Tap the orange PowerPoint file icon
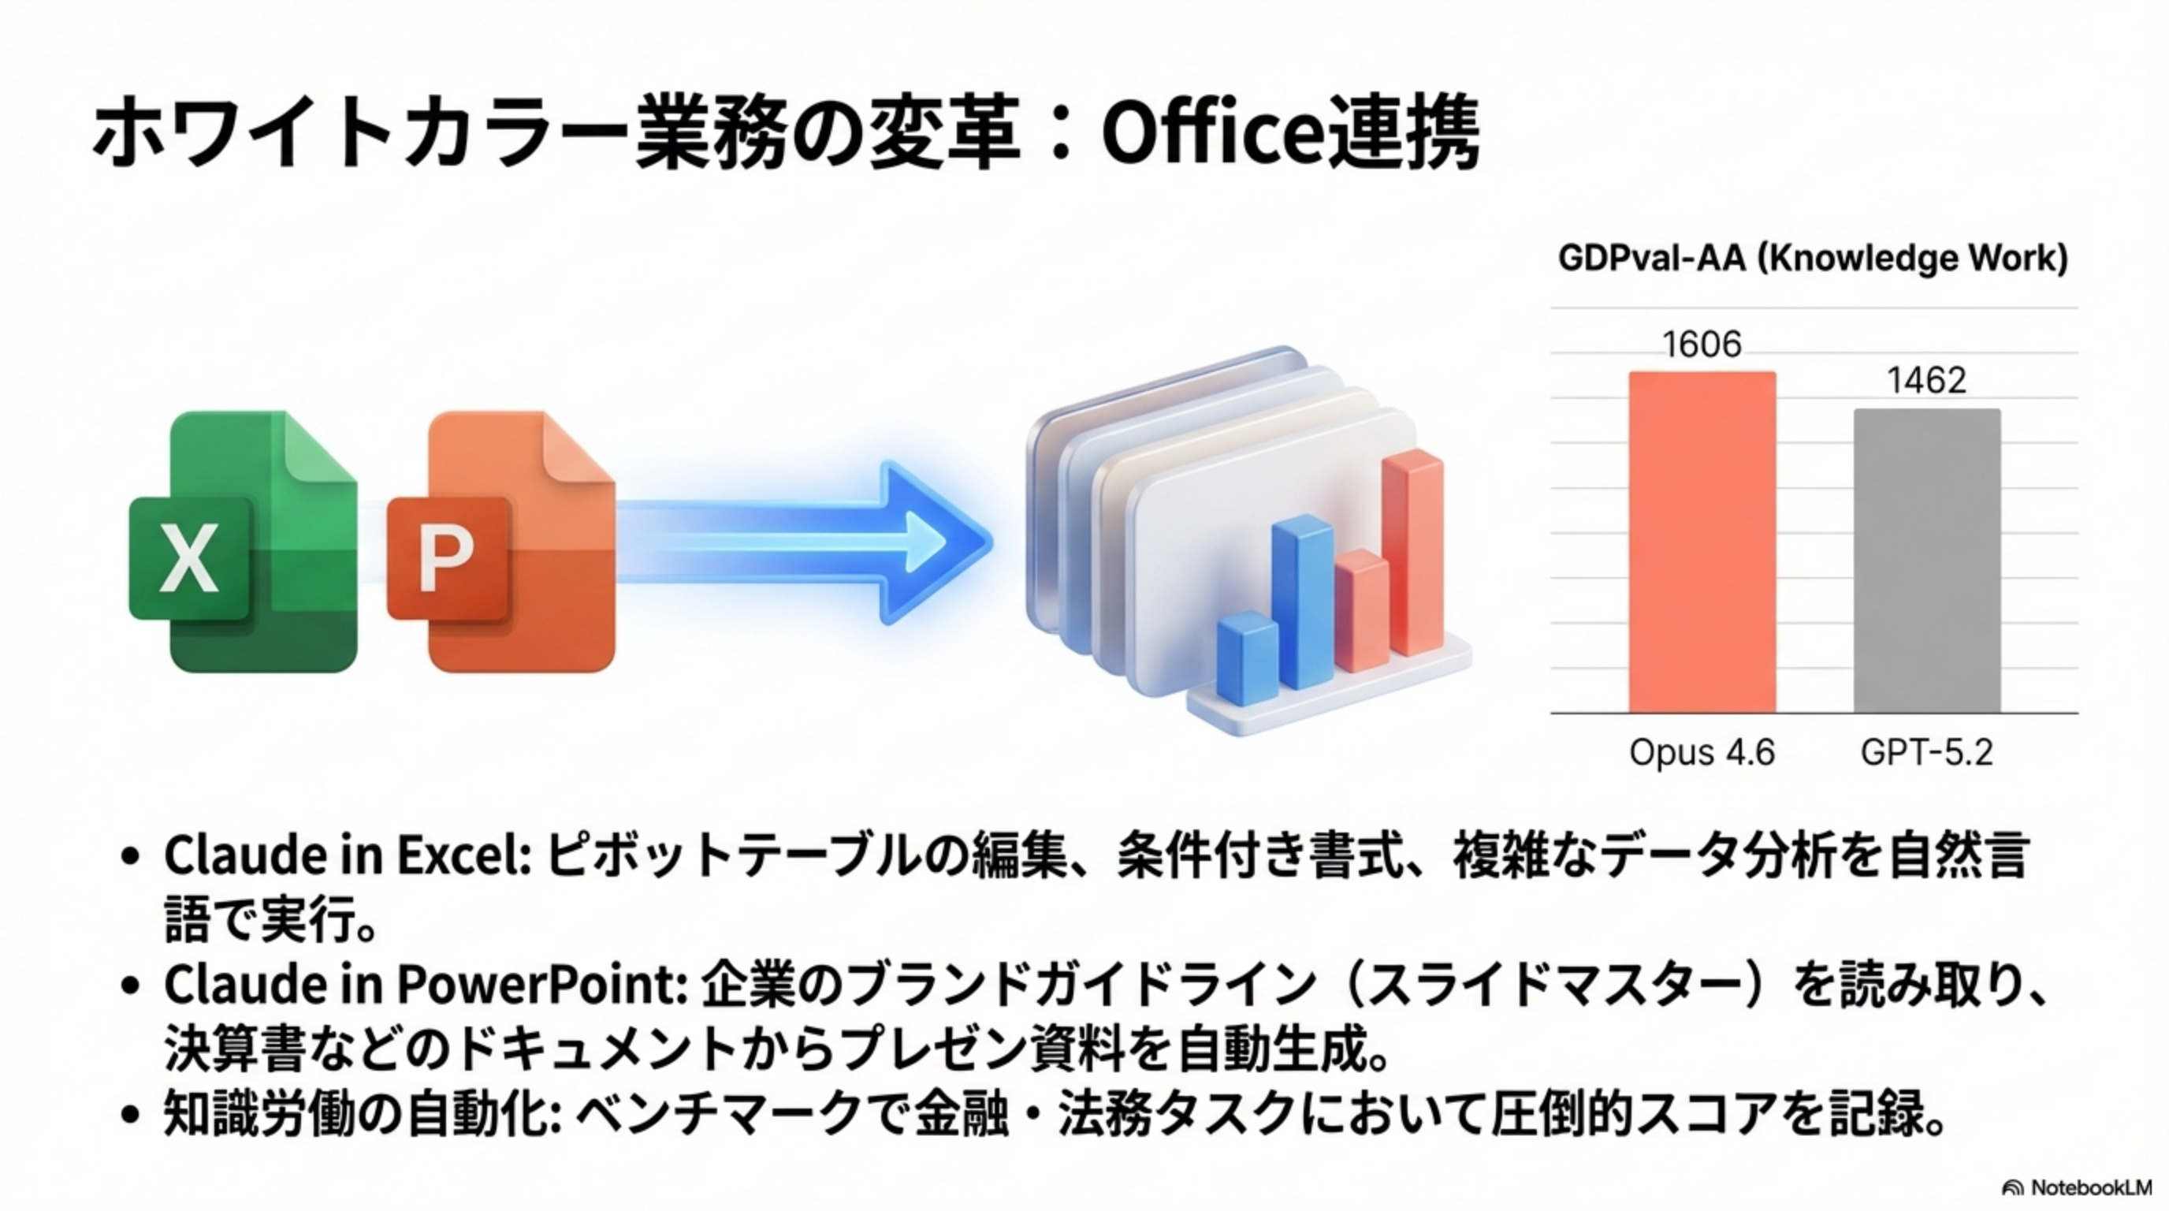click(502, 542)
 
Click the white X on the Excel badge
click(189, 557)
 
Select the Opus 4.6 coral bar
click(1702, 542)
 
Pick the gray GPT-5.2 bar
click(1927, 561)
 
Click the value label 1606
click(1702, 345)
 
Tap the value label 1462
click(1926, 381)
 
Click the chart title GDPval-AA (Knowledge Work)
click(1813, 258)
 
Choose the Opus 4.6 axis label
click(1702, 752)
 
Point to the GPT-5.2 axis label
click(1926, 752)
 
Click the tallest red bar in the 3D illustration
click(1412, 553)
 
